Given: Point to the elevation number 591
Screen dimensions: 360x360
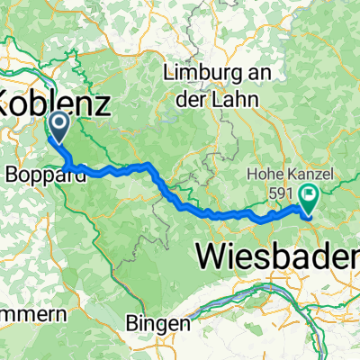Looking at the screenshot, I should (x=280, y=191).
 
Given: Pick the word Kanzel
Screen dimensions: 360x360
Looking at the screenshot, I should (x=302, y=173).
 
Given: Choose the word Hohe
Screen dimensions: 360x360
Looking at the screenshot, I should (x=263, y=173).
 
